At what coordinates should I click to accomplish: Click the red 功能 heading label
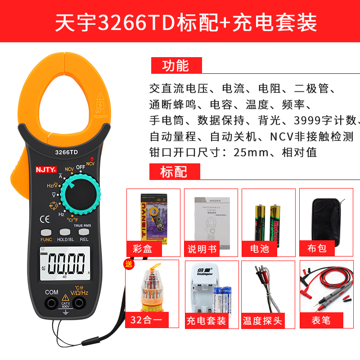pos(175,65)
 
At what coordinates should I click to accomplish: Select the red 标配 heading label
pos(174,171)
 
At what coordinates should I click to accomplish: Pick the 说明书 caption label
pos(202,248)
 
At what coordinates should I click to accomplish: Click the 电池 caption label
pos(260,248)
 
